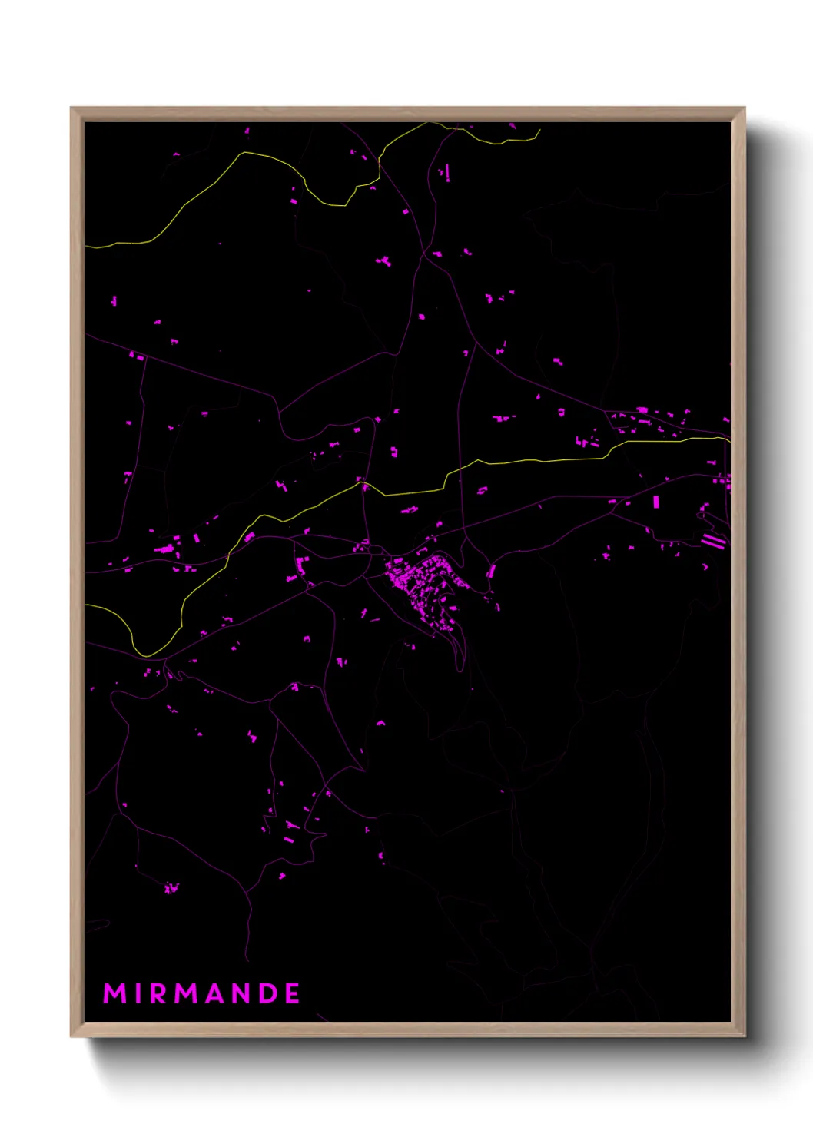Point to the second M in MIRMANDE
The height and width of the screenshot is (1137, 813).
(187, 993)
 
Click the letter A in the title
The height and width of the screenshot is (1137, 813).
(217, 993)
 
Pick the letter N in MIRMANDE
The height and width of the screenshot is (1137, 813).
(244, 993)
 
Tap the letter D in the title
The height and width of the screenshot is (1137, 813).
(270, 993)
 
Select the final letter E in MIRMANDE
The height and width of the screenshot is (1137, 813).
(293, 993)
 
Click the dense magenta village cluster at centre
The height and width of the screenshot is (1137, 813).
(423, 584)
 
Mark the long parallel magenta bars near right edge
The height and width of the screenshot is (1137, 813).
(713, 541)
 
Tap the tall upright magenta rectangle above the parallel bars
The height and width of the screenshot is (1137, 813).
(656, 502)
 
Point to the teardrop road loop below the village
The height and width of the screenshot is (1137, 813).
(459, 653)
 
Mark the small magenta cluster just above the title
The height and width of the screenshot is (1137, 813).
(171, 888)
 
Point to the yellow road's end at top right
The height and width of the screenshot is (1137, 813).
(540, 131)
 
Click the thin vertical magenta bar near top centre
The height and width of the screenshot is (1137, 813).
(446, 172)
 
